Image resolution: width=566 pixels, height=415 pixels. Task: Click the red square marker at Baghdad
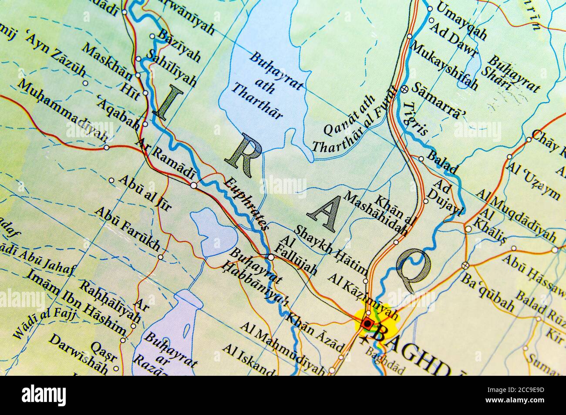pyautogui.click(x=368, y=324)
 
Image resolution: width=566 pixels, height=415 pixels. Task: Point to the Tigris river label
pyautogui.click(x=415, y=118)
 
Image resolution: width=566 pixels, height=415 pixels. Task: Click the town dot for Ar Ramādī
pyautogui.click(x=193, y=186)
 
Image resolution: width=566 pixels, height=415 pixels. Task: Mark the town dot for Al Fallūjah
pyautogui.click(x=271, y=257)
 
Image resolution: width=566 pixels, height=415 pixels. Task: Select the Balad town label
pyautogui.click(x=442, y=161)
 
